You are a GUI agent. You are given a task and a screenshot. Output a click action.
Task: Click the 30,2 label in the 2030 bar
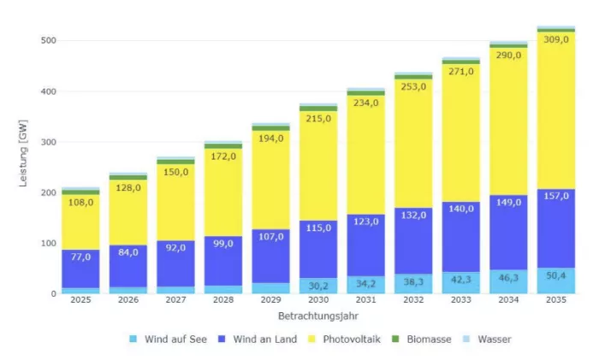pyautogui.click(x=318, y=286)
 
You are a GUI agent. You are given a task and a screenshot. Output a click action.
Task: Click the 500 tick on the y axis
pyautogui.click(x=48, y=41)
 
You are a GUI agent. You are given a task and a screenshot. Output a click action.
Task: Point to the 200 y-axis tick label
pyautogui.click(x=48, y=193)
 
